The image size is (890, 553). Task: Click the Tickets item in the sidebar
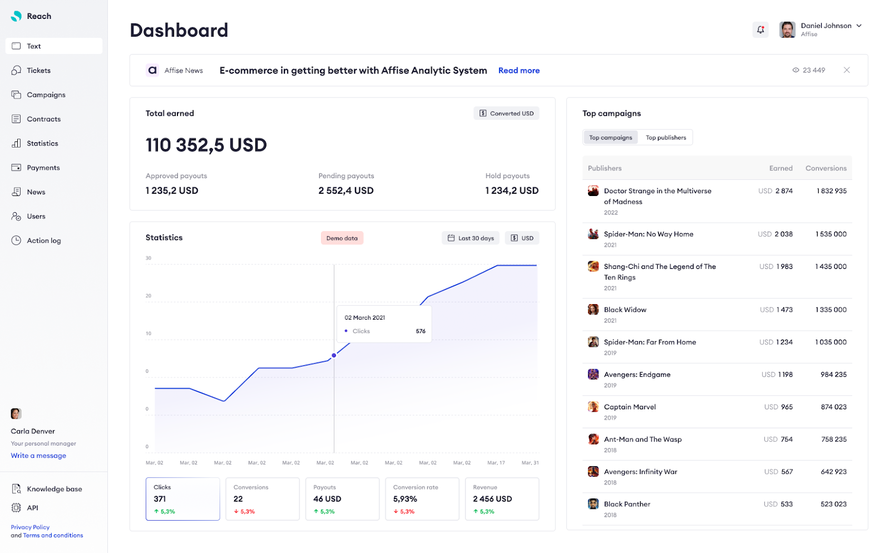[x=38, y=71]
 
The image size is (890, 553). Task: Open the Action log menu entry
[x=43, y=241]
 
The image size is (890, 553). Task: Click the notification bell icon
[x=760, y=30]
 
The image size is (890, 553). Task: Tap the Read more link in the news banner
[x=518, y=71]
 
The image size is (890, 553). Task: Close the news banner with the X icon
[x=846, y=70]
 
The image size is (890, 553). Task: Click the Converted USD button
[x=506, y=114]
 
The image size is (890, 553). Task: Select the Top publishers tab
[x=665, y=138]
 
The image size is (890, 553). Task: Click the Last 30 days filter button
[x=471, y=238]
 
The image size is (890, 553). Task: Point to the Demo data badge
[x=342, y=238]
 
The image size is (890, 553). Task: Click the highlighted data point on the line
[x=334, y=355]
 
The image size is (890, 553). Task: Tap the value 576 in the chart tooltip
[x=421, y=331]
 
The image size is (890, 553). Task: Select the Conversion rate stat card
[x=422, y=499]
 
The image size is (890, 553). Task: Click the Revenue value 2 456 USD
[x=492, y=499]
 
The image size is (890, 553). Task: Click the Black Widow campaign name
[x=625, y=310]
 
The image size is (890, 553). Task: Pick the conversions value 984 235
[x=833, y=375]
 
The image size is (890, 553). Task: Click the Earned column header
[x=780, y=168]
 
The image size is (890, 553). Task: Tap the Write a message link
[x=38, y=456]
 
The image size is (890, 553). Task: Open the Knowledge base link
[x=54, y=489]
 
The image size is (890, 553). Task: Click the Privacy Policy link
[x=30, y=527]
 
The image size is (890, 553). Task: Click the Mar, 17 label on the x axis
[x=496, y=463]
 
